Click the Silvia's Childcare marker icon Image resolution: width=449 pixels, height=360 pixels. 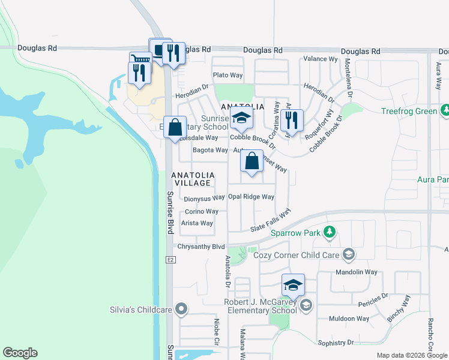[181, 310]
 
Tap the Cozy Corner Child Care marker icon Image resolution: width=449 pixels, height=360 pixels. [348, 255]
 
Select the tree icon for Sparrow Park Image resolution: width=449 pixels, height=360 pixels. [329, 232]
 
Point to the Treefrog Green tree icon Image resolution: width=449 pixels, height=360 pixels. [445, 110]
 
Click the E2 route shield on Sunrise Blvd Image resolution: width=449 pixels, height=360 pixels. [170, 259]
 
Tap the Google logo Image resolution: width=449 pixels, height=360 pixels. [20, 353]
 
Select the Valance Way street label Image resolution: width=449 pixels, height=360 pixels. [321, 59]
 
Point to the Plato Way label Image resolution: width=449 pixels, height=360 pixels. [228, 75]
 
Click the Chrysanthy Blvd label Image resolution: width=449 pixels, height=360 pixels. [201, 247]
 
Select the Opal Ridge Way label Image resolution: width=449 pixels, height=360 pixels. [251, 197]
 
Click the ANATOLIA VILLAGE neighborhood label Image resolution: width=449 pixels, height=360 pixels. [191, 179]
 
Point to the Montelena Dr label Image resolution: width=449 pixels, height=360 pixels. [349, 78]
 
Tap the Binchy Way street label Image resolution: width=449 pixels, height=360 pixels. [399, 308]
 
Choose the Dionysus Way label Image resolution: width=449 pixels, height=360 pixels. [204, 198]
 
